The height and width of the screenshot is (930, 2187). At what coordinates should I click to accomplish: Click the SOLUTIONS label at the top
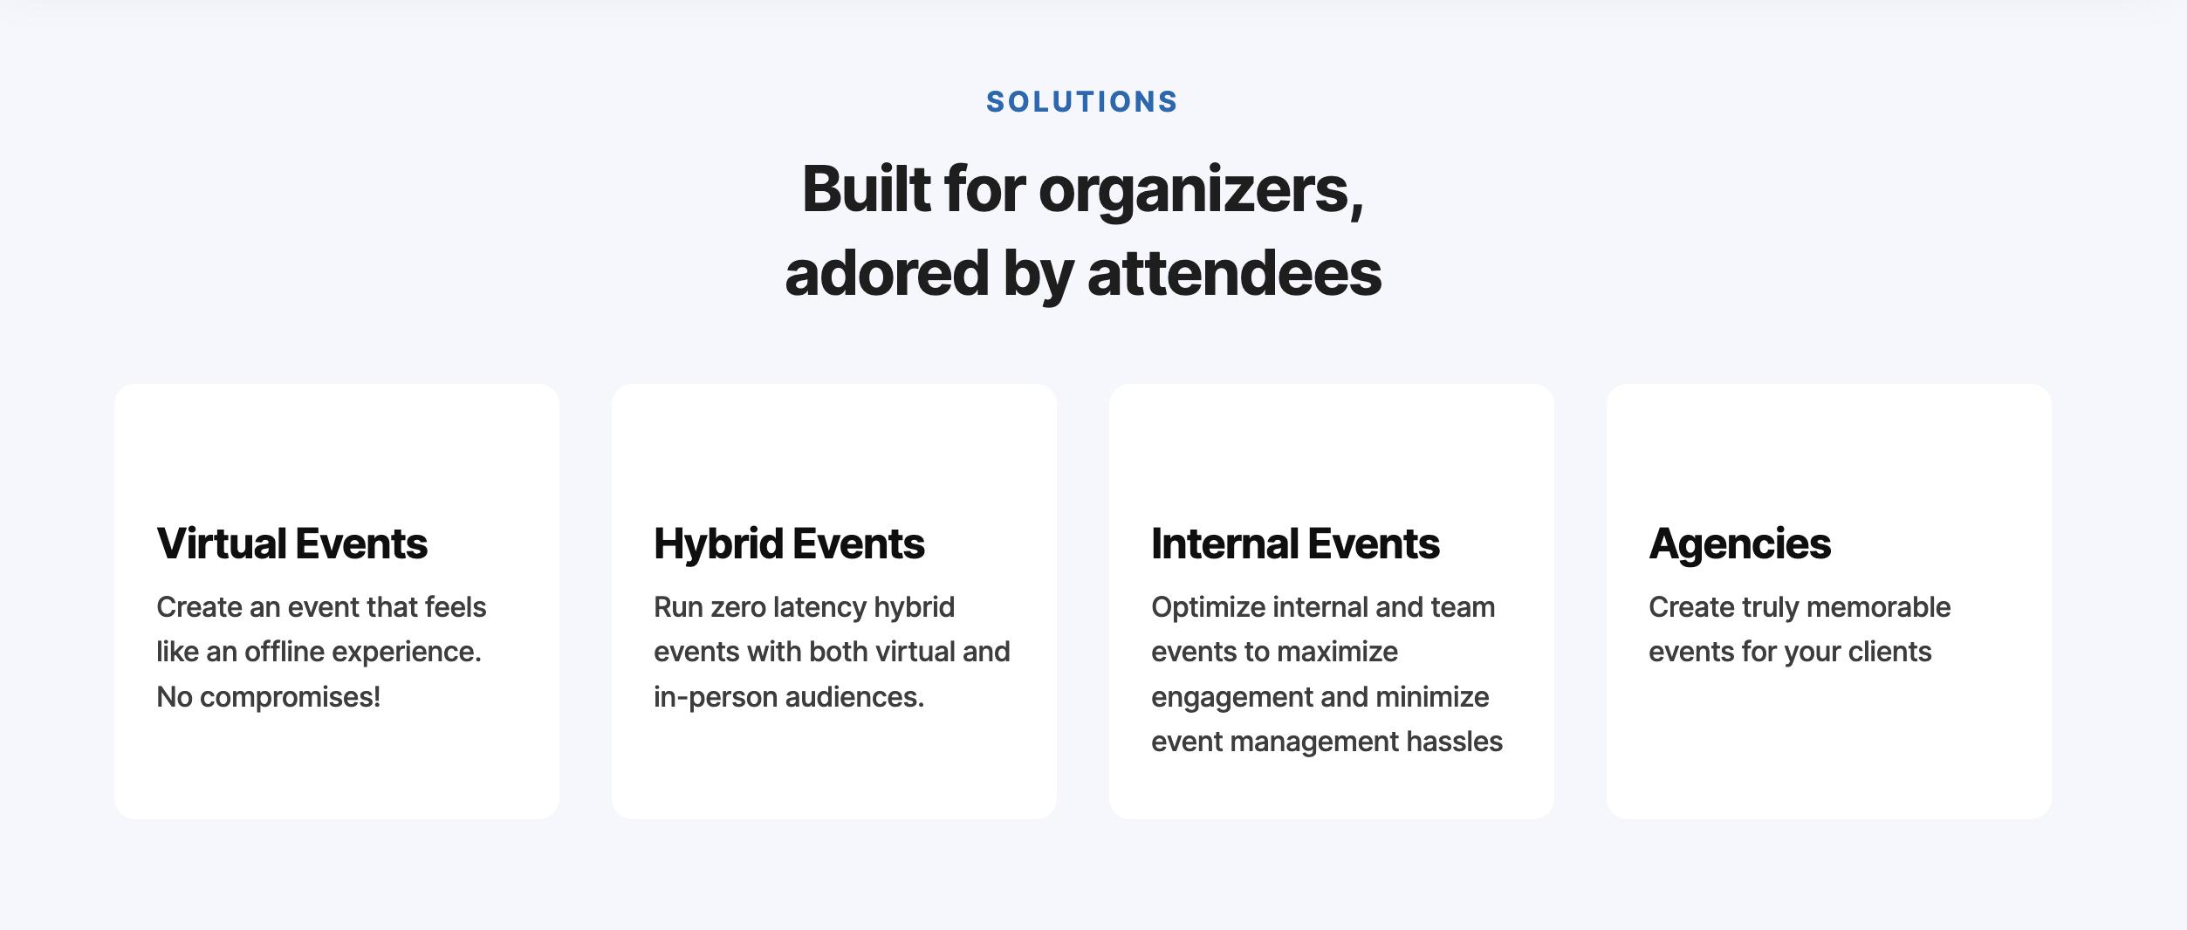pos(1082,102)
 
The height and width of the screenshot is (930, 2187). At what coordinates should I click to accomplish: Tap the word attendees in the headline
pos(1234,273)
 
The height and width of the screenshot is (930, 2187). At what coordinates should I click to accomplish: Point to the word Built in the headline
pos(867,188)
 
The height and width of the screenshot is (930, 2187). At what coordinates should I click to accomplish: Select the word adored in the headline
pos(886,273)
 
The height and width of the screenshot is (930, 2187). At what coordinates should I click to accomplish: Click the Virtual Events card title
pos(292,544)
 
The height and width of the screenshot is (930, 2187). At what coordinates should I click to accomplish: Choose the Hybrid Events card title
pos(789,544)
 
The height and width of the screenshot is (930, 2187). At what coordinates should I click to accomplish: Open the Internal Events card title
pos(1295,544)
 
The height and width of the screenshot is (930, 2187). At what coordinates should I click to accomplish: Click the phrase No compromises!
pos(269,697)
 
